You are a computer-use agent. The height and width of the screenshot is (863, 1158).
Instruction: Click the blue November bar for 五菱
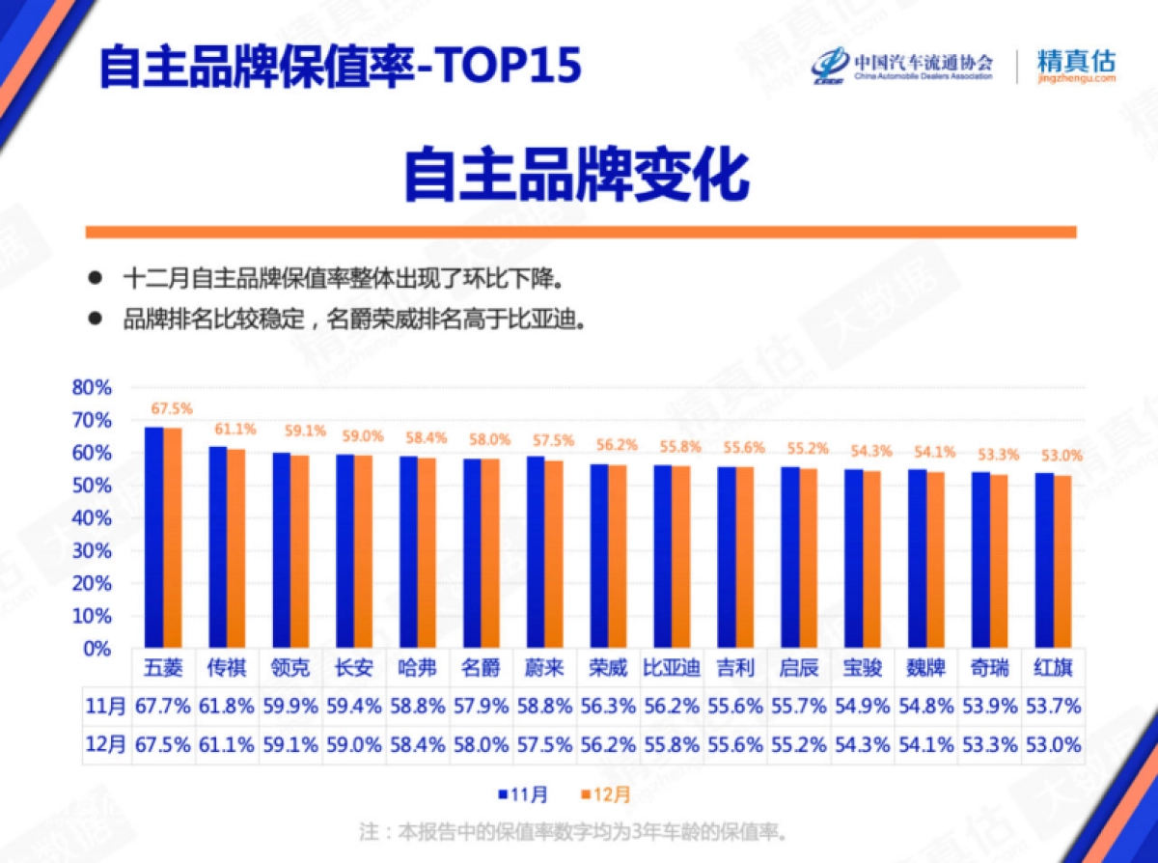click(x=153, y=538)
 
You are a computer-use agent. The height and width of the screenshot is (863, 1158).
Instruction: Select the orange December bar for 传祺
click(x=235, y=548)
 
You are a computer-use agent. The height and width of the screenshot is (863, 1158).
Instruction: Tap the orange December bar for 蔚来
click(x=553, y=554)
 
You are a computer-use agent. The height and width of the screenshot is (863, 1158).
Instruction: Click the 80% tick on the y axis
click(x=92, y=388)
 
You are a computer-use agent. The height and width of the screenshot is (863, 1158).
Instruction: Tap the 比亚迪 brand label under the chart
click(x=672, y=668)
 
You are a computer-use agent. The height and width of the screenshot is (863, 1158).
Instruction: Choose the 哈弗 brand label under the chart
click(x=418, y=668)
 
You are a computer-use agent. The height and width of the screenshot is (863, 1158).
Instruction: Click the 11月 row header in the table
click(x=105, y=707)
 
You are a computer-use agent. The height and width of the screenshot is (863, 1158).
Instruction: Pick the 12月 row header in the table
click(x=105, y=746)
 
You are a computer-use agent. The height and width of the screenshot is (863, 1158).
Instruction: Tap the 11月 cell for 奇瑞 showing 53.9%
click(x=989, y=707)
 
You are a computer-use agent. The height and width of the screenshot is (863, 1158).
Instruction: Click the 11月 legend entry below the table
click(x=523, y=794)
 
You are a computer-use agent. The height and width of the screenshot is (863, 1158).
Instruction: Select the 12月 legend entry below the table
click(x=606, y=794)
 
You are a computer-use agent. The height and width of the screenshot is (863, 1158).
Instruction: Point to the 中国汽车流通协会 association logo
click(x=901, y=65)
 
